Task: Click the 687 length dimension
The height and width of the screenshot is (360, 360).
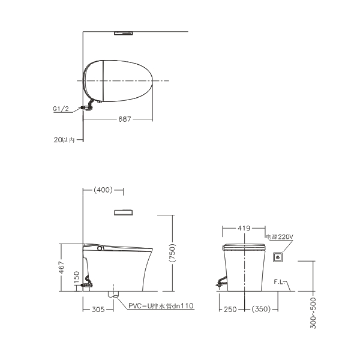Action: tap(124, 119)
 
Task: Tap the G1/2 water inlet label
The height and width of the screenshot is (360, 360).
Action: tap(61, 109)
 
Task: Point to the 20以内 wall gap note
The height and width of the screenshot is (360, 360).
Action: tap(64, 140)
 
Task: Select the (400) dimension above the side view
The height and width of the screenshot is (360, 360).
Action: tap(103, 190)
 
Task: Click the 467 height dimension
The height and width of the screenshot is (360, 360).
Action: tap(62, 267)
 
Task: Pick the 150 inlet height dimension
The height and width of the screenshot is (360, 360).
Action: tap(77, 277)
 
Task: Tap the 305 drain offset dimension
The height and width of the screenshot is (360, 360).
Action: tap(98, 309)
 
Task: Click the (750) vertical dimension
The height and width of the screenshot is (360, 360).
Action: tap(172, 253)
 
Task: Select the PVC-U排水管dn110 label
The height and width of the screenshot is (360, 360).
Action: tap(161, 306)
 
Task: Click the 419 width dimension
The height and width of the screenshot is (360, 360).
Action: tap(244, 228)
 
